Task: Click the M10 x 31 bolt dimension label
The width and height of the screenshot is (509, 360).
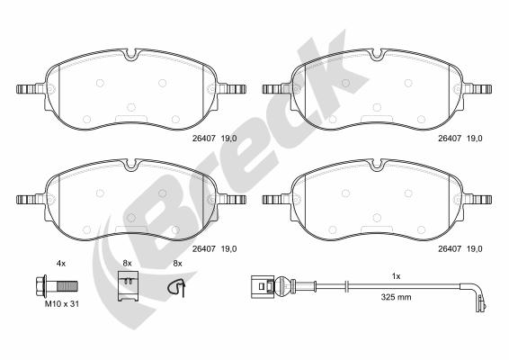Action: click(x=62, y=304)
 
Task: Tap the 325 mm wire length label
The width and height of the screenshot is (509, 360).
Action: click(x=396, y=297)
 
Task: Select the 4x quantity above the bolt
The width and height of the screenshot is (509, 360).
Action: click(x=61, y=264)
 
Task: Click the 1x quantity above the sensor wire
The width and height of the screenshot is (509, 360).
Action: click(x=396, y=276)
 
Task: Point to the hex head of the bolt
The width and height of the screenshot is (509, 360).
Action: click(x=40, y=286)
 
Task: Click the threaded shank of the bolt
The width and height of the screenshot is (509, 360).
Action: click(x=67, y=286)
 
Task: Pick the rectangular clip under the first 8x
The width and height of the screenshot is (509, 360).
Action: click(x=129, y=285)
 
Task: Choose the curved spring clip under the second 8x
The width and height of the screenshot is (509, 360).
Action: click(x=177, y=287)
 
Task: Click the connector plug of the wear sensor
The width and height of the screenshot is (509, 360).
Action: click(x=263, y=286)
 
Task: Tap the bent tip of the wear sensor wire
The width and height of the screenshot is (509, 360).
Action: click(x=481, y=304)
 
